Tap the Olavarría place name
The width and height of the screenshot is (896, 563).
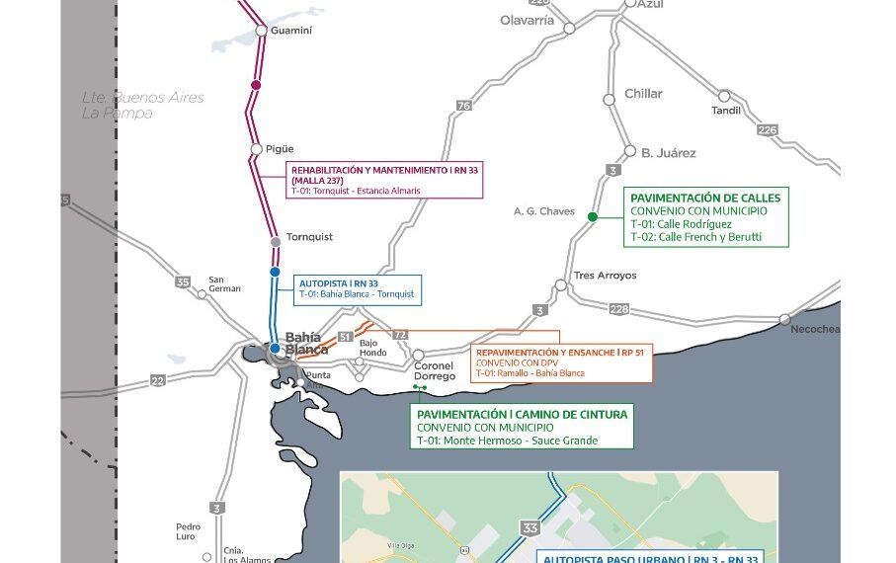pyautogui.click(x=527, y=21)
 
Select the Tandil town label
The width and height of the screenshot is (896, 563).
pyautogui.click(x=726, y=111)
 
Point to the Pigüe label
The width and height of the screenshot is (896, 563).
pyautogui.click(x=280, y=149)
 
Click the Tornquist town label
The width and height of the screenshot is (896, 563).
pyautogui.click(x=309, y=237)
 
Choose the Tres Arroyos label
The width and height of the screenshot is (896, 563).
pyautogui.click(x=605, y=276)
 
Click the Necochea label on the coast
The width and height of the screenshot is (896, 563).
pyautogui.click(x=815, y=329)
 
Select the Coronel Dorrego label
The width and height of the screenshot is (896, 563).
pyautogui.click(x=435, y=371)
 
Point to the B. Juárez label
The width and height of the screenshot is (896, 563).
pyautogui.click(x=669, y=153)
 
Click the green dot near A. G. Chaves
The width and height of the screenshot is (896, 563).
pyautogui.click(x=592, y=216)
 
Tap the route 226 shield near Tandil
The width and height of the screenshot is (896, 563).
pyautogui.click(x=767, y=129)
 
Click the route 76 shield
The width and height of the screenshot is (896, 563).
pyautogui.click(x=463, y=106)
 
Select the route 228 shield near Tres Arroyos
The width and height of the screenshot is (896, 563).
pyautogui.click(x=618, y=309)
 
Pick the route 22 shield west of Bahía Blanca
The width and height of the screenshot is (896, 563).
pyautogui.click(x=158, y=380)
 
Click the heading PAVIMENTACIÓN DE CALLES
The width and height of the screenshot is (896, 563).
pyautogui.click(x=705, y=198)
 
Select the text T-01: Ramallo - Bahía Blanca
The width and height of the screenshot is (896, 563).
pyautogui.click(x=530, y=373)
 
